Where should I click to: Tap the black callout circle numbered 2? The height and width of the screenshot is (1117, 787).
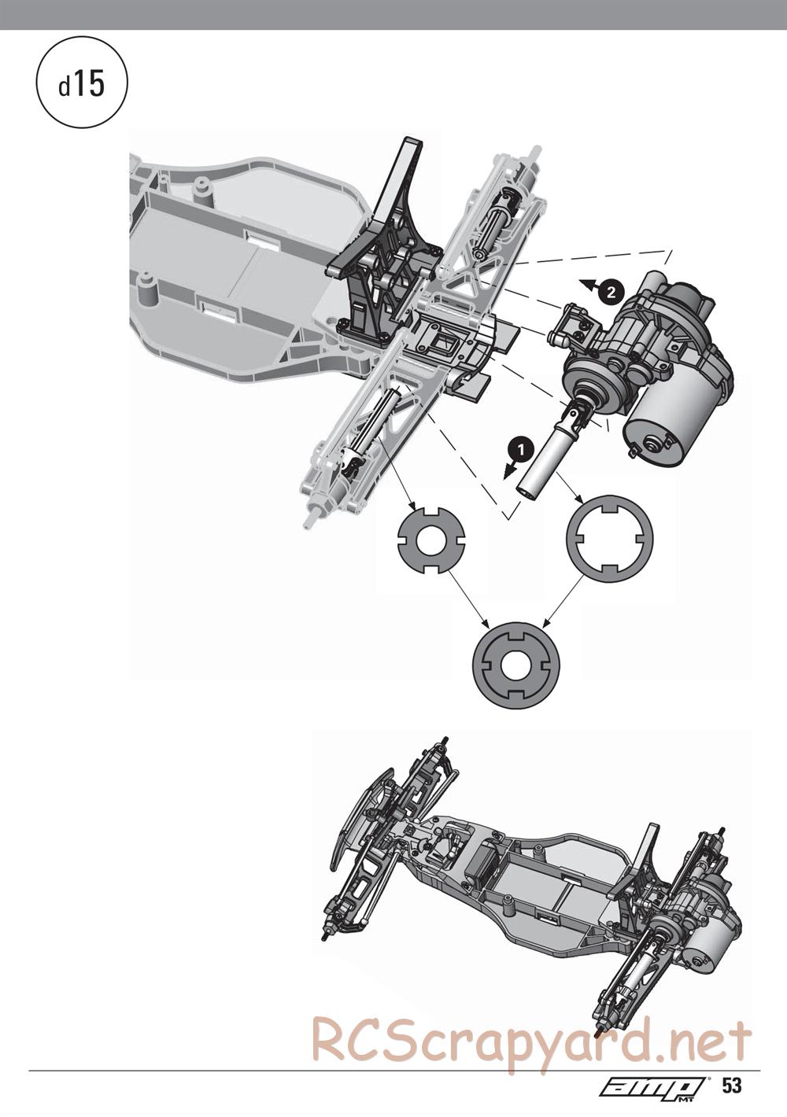coord(611,293)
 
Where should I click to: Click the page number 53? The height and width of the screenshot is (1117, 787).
coord(732,1082)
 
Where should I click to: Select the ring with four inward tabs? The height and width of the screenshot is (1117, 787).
coord(611,540)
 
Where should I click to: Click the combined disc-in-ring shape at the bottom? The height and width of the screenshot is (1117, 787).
coord(516,666)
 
